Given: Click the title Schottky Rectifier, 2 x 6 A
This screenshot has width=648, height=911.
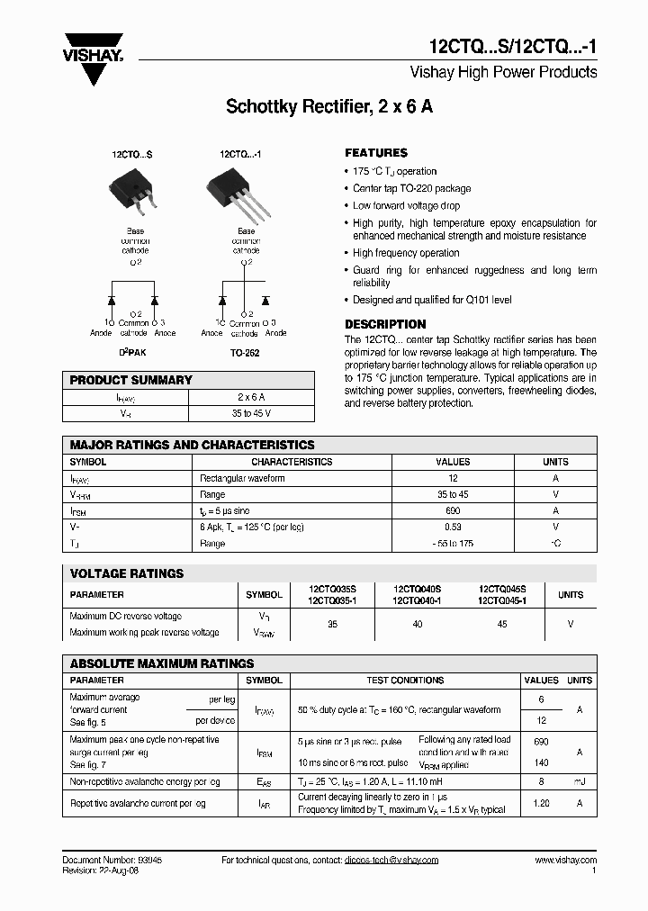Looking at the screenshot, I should coord(329,106).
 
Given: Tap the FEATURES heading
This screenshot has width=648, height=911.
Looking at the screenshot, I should coord(376,153).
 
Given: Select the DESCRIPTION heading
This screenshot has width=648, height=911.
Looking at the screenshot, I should coord(385,324).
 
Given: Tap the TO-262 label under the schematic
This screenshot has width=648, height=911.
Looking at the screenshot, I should coord(245,354).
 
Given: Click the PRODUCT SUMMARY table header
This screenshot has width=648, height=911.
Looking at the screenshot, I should coord(131,380).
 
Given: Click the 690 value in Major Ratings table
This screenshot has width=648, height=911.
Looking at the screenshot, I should coord(453,510).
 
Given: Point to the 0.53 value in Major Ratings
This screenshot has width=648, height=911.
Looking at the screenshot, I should coord(453,527).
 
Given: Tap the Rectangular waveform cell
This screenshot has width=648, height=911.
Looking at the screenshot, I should coord(242,478).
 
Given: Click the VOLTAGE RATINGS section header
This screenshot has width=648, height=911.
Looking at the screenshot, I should coord(127,573).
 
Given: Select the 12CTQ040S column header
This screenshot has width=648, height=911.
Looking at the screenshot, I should coord(417,589).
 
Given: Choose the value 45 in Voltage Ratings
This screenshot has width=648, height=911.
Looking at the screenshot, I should coord(502,623).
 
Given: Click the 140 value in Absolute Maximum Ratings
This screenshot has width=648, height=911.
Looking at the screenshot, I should coord(541,762).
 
